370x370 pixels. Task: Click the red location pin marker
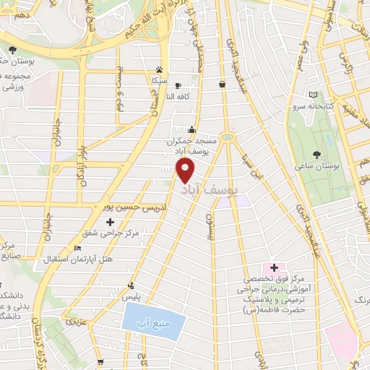pyautogui.click(x=186, y=171)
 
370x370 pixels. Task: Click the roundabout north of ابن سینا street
pyautogui.click(x=228, y=136)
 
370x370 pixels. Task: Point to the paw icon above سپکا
pyautogui.click(x=158, y=70)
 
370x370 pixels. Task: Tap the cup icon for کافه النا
pyautogui.click(x=178, y=85)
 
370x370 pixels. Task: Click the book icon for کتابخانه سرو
pyautogui.click(x=313, y=94)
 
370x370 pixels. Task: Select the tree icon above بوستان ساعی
pyautogui.click(x=317, y=153)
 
